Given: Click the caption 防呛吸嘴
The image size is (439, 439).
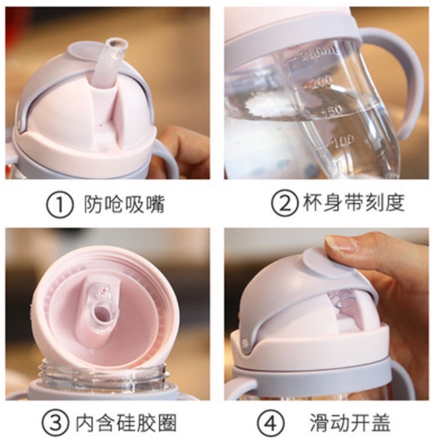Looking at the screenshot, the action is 124,205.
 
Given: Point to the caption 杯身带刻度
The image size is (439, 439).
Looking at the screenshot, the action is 353,203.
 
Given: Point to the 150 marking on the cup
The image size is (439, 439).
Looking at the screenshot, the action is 333,110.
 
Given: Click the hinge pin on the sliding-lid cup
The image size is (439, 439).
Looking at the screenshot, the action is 246,342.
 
